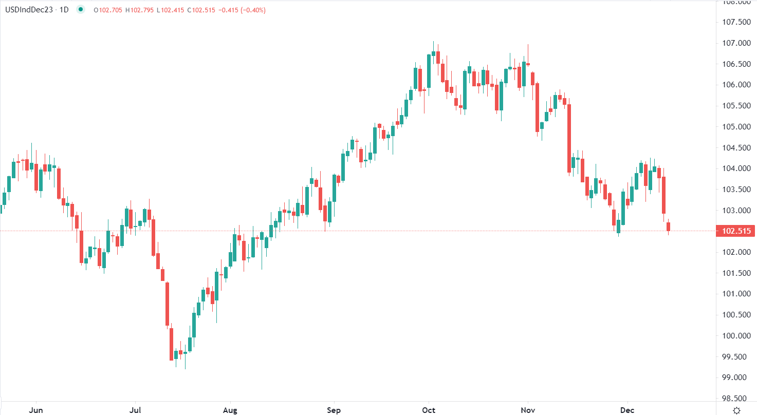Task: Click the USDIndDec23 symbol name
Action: tap(28, 10)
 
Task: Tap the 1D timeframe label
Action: tap(64, 10)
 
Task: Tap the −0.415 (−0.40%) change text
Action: tap(239, 10)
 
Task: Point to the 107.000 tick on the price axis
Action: tap(736, 43)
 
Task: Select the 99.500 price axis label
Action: tap(736, 357)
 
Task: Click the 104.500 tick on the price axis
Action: tap(736, 147)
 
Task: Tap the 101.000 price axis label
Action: tap(736, 294)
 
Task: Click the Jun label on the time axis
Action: tap(35, 410)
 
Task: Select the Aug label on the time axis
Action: tap(230, 410)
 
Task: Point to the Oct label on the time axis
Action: tap(429, 410)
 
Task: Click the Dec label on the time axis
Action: tap(627, 410)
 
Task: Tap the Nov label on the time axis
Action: tap(528, 410)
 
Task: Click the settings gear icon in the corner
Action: tap(736, 410)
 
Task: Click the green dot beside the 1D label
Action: tap(81, 10)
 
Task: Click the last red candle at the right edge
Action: tap(669, 227)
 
